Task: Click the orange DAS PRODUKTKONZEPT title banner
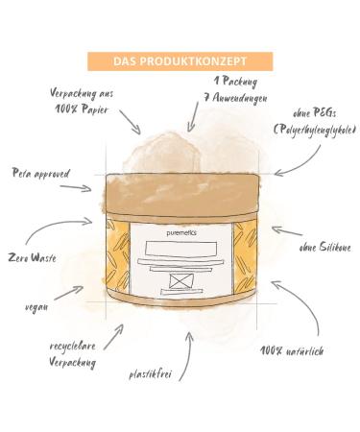[x=180, y=61]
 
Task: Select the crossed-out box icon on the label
[x=180, y=281]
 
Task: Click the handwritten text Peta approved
[x=41, y=174]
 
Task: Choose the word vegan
[x=37, y=307]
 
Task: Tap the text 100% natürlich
[x=291, y=351]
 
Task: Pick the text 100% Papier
[x=81, y=110]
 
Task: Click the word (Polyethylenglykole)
[x=315, y=130]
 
